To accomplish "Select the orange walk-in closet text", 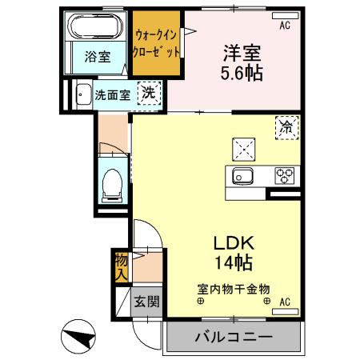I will coord(157,43).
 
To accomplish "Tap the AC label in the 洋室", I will coord(284,26).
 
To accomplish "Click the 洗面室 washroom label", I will coord(113,94).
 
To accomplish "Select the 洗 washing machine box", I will coord(149,94).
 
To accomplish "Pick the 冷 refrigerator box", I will coord(286,126).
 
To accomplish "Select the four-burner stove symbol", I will coord(284,176).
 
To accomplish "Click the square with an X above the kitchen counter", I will coord(242,149).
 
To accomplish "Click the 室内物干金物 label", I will coord(234,288).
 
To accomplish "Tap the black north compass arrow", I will coord(78,337).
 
